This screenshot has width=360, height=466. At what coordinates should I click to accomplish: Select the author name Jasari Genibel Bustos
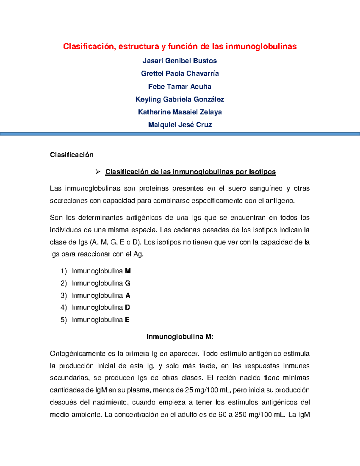coord(180,61)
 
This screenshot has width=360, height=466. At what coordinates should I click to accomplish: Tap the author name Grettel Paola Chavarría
coord(180,74)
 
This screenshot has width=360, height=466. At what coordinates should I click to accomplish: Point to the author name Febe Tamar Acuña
coord(180,87)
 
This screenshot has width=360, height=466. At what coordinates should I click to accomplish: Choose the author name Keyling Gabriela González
coord(180,99)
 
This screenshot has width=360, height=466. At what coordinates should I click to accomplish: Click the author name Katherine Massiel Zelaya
coord(180,112)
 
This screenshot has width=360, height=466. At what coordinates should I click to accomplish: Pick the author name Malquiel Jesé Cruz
coord(180,125)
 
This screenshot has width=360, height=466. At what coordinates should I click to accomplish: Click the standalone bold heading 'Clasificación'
coord(72,155)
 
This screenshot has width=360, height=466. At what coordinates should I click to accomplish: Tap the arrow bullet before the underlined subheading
coord(98,172)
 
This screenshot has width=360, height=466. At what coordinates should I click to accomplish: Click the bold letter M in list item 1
coord(128,271)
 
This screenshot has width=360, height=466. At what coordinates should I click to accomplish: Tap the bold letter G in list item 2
coord(127,283)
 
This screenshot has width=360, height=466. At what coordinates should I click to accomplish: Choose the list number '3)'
coord(64,296)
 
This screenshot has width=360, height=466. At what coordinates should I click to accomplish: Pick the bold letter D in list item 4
coord(127,308)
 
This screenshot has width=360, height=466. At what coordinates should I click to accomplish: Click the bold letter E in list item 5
coord(127,320)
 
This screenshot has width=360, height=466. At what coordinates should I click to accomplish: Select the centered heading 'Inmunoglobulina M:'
coord(180,337)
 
